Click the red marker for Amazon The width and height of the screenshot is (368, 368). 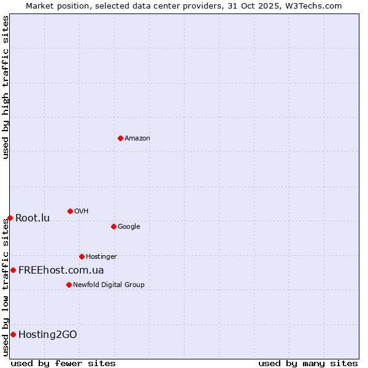click(120, 138)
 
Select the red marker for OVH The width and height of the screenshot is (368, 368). click(70, 211)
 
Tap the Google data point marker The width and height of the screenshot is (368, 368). click(113, 226)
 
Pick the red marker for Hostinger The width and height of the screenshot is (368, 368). click(82, 256)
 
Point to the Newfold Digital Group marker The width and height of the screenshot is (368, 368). click(69, 285)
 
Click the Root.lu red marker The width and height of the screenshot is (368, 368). click(10, 218)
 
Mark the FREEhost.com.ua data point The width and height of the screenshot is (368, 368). click(13, 270)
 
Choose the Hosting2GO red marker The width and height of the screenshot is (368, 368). click(13, 334)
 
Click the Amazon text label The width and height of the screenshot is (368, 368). click(137, 139)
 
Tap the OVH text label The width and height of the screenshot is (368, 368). click(82, 212)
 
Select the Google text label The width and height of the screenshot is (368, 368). click(129, 227)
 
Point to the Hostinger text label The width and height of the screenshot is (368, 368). click(101, 257)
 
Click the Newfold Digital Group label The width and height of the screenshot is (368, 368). click(109, 285)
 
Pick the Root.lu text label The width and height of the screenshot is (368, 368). click(33, 218)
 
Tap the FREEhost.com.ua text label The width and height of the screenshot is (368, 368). click(61, 270)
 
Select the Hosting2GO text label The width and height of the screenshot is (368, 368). click(48, 335)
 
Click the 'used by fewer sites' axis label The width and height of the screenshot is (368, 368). click(63, 363)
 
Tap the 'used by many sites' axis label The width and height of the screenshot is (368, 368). click(308, 363)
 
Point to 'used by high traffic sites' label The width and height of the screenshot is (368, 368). click(6, 87)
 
